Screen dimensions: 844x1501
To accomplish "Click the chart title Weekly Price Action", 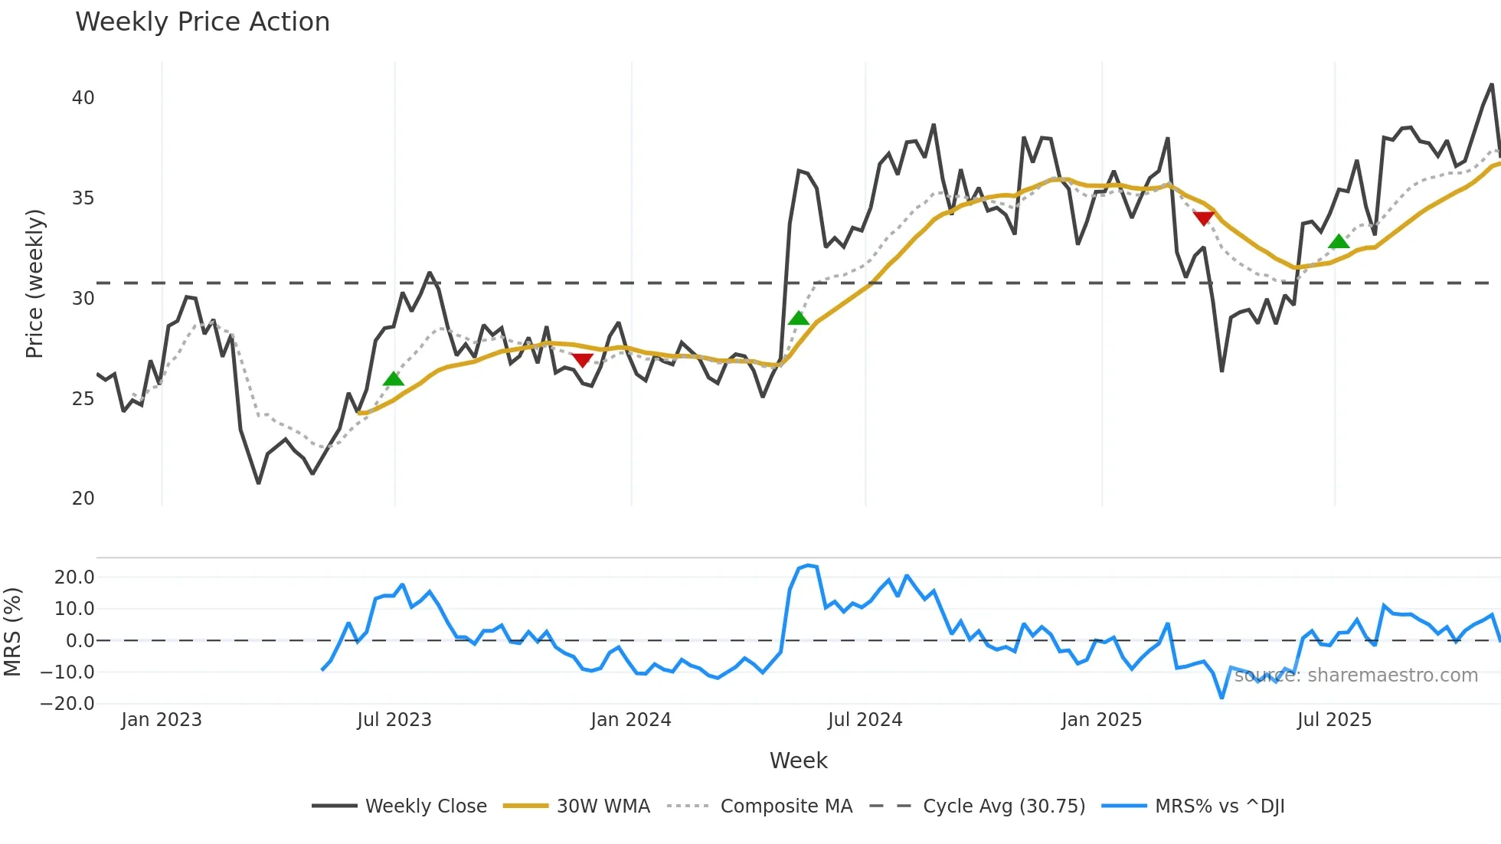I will pos(202,22).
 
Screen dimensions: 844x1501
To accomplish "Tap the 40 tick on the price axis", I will pos(83,98).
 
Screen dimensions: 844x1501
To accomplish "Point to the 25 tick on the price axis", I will pos(83,399).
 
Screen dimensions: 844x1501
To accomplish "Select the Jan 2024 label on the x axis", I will pos(630,720).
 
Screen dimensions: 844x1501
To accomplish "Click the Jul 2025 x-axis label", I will pos(1334,720).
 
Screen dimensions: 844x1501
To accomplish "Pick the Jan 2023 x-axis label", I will pos(162,720).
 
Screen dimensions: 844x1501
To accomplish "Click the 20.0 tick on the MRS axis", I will pos(74,577).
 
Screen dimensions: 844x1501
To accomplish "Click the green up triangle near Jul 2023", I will pos(393,379).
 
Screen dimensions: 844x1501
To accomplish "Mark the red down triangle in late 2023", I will pos(582,360).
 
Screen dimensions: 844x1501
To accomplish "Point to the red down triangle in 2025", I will pos(1204,218).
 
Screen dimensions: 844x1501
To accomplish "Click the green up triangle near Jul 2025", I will pos(1339,242).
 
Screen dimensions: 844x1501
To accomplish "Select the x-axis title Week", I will pos(798,761).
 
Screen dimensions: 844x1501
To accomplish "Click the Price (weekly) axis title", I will pos(34,283).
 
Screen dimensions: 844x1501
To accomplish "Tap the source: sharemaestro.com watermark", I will pos(1355,676).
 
